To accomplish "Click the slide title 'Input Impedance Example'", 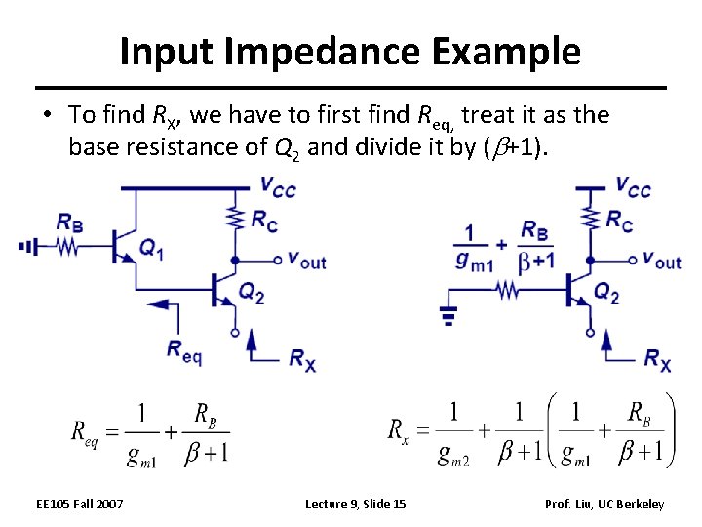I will [350, 51].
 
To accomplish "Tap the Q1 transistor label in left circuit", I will [151, 250].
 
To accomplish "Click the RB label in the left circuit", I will [69, 223].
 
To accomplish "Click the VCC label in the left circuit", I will [278, 185].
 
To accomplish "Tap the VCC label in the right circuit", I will [633, 185].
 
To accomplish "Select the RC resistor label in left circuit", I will [263, 220].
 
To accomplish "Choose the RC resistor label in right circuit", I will [618, 220].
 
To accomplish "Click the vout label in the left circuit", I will [305, 261].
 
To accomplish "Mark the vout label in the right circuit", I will [661, 261].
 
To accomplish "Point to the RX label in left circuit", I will [301, 359].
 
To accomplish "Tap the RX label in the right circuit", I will [657, 359].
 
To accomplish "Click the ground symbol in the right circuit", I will [448, 315].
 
